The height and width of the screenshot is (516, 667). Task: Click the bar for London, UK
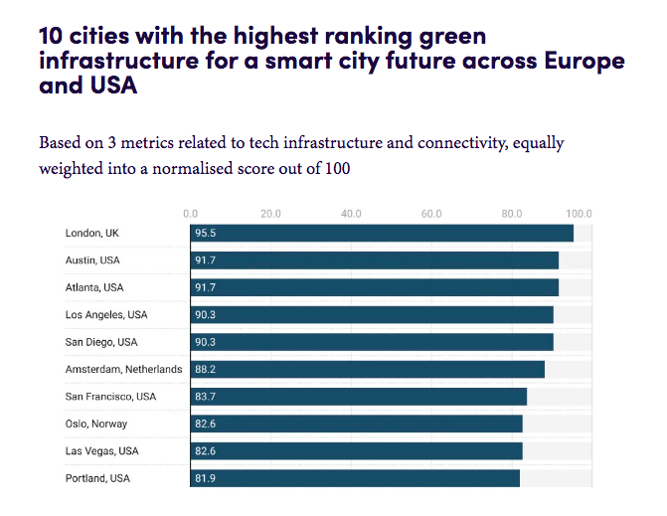click(382, 233)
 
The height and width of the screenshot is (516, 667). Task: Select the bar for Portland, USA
click(355, 478)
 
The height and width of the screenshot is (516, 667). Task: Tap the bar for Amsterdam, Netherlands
click(368, 369)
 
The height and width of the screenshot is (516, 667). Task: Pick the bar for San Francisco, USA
click(359, 397)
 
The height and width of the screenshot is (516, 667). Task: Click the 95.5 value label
click(206, 233)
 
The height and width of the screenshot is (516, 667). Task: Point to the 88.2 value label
click(206, 369)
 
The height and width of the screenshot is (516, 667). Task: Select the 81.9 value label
click(206, 478)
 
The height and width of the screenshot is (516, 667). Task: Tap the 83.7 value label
click(206, 397)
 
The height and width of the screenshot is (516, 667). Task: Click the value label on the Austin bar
click(206, 260)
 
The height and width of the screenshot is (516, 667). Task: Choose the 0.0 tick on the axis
click(191, 213)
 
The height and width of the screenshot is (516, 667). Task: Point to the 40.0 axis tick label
click(351, 213)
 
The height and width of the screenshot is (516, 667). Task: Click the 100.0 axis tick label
click(579, 213)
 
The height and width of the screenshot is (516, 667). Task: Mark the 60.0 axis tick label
click(431, 213)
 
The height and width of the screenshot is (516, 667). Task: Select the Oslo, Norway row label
click(96, 424)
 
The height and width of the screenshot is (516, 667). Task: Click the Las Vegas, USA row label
click(101, 451)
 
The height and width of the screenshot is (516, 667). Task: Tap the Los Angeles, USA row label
click(106, 314)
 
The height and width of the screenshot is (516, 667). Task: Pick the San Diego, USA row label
click(100, 342)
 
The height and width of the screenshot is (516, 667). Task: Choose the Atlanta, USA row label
click(94, 287)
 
